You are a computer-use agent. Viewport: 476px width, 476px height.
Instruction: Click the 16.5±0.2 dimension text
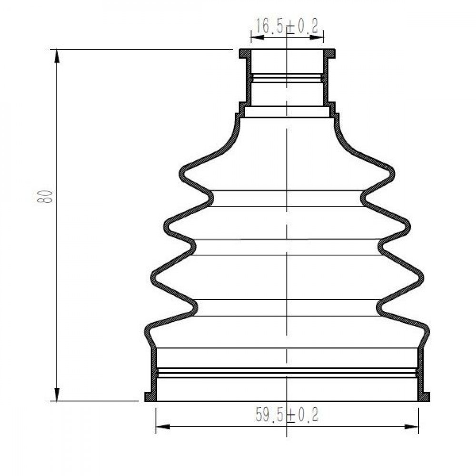287,26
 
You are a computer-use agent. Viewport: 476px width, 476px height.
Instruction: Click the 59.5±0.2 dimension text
287,415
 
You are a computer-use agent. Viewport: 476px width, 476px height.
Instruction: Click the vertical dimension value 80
45,197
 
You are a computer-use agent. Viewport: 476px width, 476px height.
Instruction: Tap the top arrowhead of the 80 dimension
57,56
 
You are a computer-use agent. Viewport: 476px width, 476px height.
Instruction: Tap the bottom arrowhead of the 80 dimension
57,394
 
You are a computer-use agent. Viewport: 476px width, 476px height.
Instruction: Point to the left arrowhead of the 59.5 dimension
162,426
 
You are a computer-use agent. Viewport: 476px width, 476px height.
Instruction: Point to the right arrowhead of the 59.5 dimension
412,426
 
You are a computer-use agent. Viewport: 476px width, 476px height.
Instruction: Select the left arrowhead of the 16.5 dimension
258,37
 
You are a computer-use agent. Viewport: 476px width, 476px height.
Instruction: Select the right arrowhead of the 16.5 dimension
317,37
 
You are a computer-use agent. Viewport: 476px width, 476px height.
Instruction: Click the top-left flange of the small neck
244,54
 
